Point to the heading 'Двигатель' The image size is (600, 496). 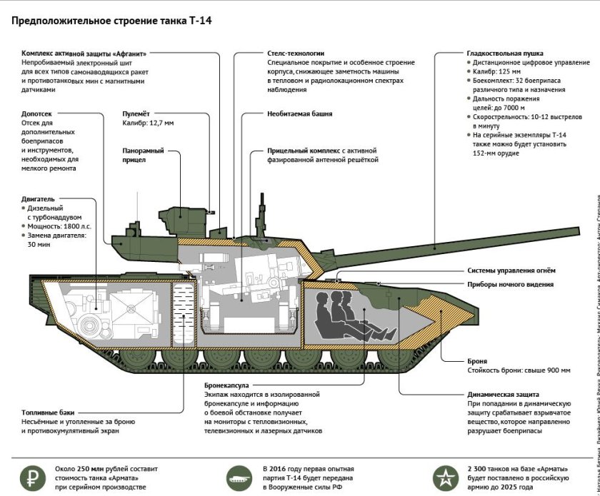38,199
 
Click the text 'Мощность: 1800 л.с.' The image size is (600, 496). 59,226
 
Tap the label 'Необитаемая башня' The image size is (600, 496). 299,113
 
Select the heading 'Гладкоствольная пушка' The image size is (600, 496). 505,54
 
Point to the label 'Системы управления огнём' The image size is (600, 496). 511,270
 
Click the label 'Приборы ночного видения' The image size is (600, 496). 510,284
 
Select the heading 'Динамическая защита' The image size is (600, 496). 503,394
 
